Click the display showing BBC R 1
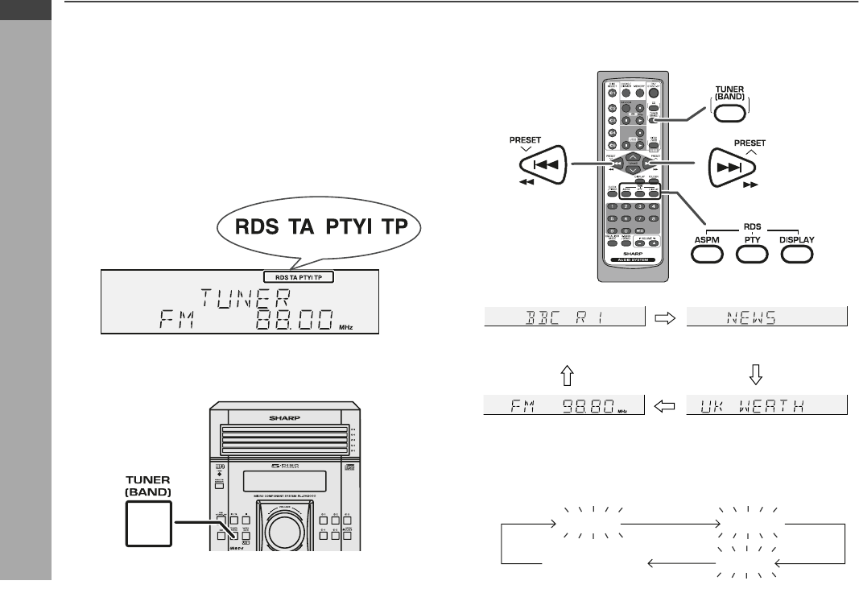(x=564, y=317)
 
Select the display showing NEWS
(x=767, y=317)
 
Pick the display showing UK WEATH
(x=767, y=404)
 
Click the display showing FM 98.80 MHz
(x=564, y=404)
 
